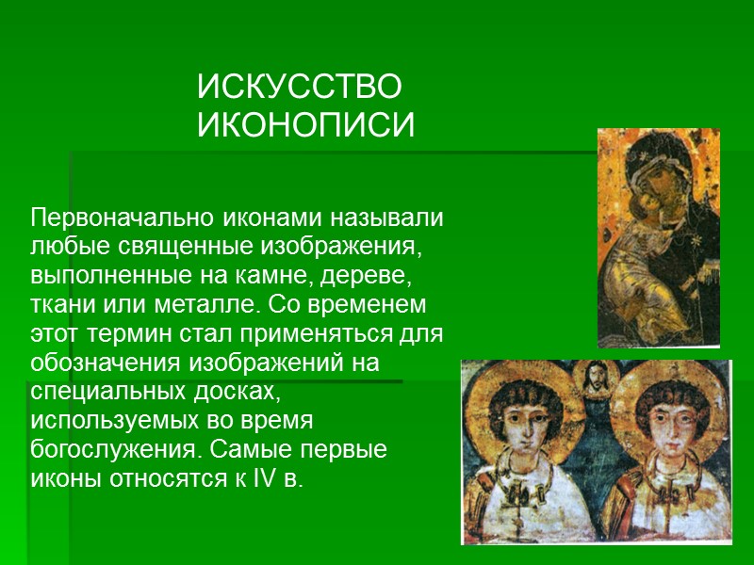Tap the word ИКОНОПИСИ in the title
[x=305, y=125]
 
